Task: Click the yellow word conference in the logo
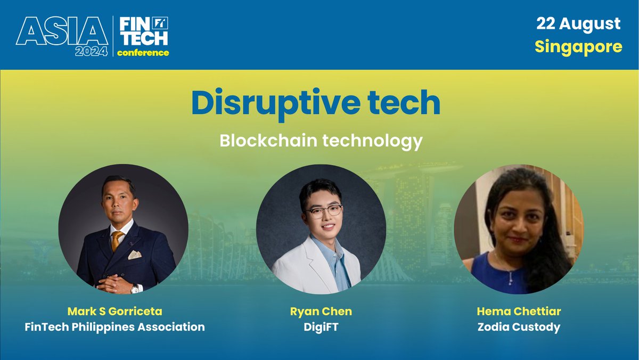pos(143,53)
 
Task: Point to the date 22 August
pos(578,24)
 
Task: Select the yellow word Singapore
pos(578,47)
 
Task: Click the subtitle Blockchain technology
pos(321,141)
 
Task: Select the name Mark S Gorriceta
pos(115,311)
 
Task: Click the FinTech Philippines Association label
pos(115,327)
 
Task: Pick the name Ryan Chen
pos(321,311)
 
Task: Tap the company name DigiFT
pos(321,327)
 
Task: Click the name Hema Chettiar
pos(519,311)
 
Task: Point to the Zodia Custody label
pos(519,327)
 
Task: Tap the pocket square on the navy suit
pos(135,255)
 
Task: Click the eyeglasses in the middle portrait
pos(324,211)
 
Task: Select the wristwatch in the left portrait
pos(135,288)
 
